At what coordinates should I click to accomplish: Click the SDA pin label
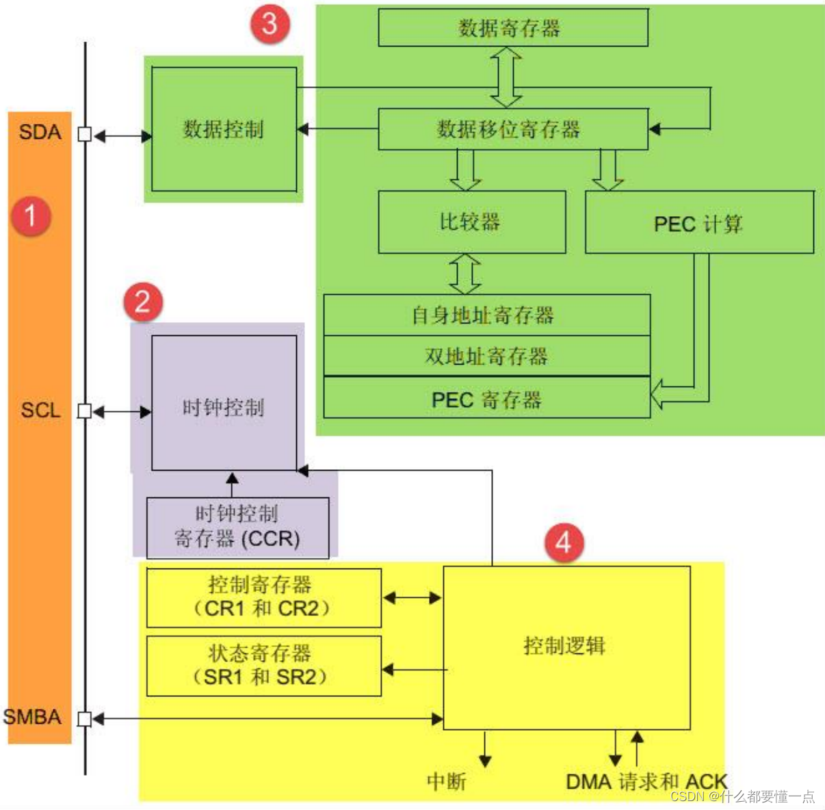(40, 132)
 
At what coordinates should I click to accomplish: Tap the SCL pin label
(40, 410)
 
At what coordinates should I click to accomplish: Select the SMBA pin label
(32, 717)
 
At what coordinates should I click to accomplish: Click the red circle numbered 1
(31, 215)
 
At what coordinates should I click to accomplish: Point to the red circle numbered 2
(143, 302)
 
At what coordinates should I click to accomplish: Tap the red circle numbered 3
(270, 24)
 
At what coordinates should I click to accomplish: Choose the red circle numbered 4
(564, 543)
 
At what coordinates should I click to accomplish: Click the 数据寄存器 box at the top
(513, 28)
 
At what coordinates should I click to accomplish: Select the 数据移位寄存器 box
(513, 129)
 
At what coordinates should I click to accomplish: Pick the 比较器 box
(472, 222)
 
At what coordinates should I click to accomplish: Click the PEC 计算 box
(699, 223)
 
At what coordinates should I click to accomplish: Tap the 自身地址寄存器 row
(486, 315)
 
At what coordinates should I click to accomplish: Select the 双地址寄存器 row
(486, 356)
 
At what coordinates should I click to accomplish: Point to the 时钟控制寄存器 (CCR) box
(237, 527)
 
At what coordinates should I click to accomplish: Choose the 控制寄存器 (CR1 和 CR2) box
(263, 597)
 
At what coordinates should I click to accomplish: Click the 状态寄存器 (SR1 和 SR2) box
(263, 666)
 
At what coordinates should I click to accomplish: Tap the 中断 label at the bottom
(446, 781)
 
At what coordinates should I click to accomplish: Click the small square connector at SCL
(85, 411)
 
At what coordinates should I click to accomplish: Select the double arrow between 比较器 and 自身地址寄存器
(465, 274)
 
